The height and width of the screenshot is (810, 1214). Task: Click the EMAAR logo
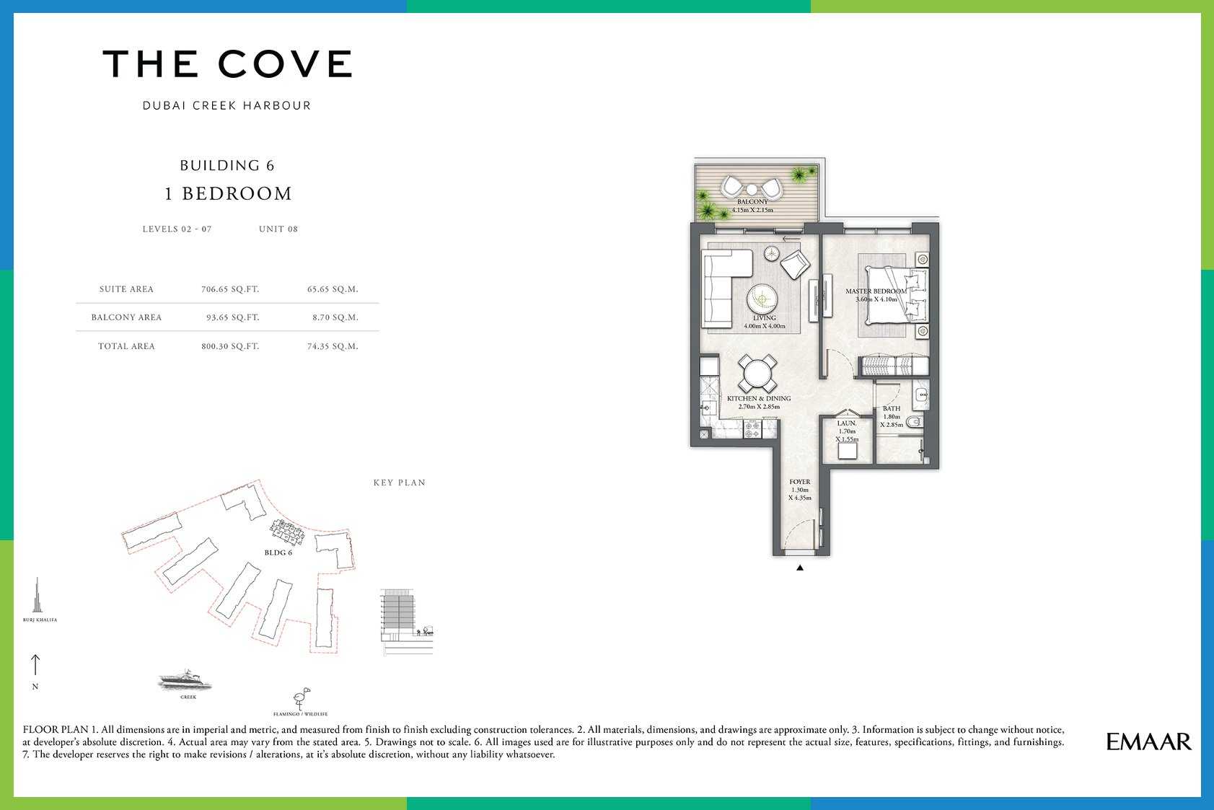pyautogui.click(x=1148, y=741)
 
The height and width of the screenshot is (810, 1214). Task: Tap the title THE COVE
pyautogui.click(x=228, y=63)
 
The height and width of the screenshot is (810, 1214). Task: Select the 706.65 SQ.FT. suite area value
pyautogui.click(x=230, y=289)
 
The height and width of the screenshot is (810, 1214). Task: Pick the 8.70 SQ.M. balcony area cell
pyautogui.click(x=335, y=317)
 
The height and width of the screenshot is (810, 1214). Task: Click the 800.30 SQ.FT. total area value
pyautogui.click(x=230, y=346)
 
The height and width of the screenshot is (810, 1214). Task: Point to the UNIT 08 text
pyautogui.click(x=278, y=229)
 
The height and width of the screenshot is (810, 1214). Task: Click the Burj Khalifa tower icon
pyautogui.click(x=38, y=595)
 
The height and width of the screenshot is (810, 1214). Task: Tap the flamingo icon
pyautogui.click(x=302, y=698)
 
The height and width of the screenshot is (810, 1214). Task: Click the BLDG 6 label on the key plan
pyautogui.click(x=278, y=553)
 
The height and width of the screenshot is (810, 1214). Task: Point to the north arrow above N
pyautogui.click(x=35, y=665)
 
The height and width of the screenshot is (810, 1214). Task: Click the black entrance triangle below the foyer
pyautogui.click(x=799, y=568)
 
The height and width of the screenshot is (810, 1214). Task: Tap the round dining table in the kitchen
pyautogui.click(x=757, y=374)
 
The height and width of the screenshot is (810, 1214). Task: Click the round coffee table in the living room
pyautogui.click(x=762, y=299)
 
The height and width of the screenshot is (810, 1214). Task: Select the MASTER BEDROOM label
pyautogui.click(x=876, y=291)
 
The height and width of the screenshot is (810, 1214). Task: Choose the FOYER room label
pyautogui.click(x=800, y=482)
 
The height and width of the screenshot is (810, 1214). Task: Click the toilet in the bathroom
pyautogui.click(x=915, y=421)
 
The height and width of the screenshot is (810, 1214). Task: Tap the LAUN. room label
pyautogui.click(x=847, y=423)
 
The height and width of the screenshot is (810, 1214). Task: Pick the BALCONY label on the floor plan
pyautogui.click(x=752, y=201)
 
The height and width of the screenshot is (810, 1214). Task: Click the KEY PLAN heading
pyautogui.click(x=400, y=483)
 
